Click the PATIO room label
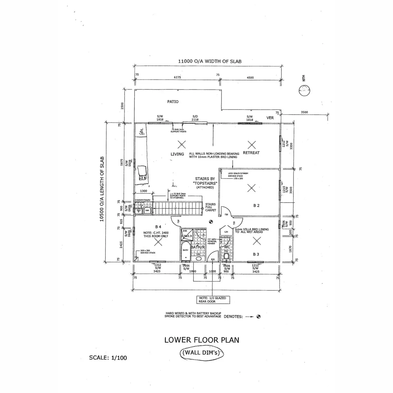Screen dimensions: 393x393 click(173, 102)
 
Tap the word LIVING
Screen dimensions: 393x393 click(177, 154)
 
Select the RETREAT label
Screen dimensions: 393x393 click(252, 153)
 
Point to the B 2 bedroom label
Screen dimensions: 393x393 click(256, 205)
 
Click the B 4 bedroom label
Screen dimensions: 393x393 click(158, 227)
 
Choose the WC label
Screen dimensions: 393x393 click(227, 247)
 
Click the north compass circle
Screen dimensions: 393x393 click(305, 91)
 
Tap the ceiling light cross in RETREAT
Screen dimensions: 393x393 click(251, 144)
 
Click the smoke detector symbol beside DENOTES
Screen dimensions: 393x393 click(258, 317)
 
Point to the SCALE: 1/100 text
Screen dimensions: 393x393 click(108, 358)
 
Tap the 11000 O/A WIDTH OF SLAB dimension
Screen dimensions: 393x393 click(210, 61)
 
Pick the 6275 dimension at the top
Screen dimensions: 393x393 click(177, 78)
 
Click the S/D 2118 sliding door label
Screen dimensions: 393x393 click(195, 118)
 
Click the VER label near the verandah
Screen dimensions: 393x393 click(270, 118)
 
